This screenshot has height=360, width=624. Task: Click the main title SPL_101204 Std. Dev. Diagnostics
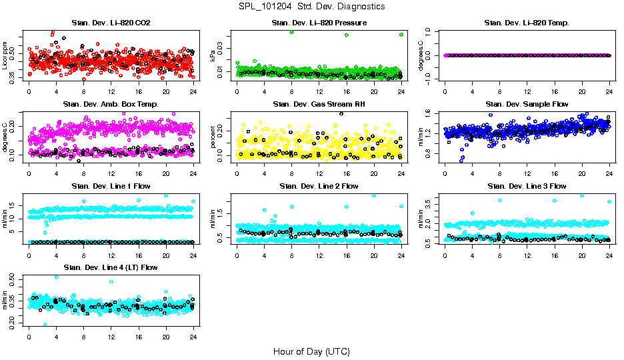pos(311,6)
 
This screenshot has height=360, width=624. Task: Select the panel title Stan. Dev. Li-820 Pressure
pos(319,23)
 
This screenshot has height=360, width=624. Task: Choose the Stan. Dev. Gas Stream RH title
pos(319,105)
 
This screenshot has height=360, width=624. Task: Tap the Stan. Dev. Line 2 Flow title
pos(319,186)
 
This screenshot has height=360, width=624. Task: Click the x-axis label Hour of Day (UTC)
pos(311,351)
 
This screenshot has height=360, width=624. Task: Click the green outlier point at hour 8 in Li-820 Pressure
pos(291,32)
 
